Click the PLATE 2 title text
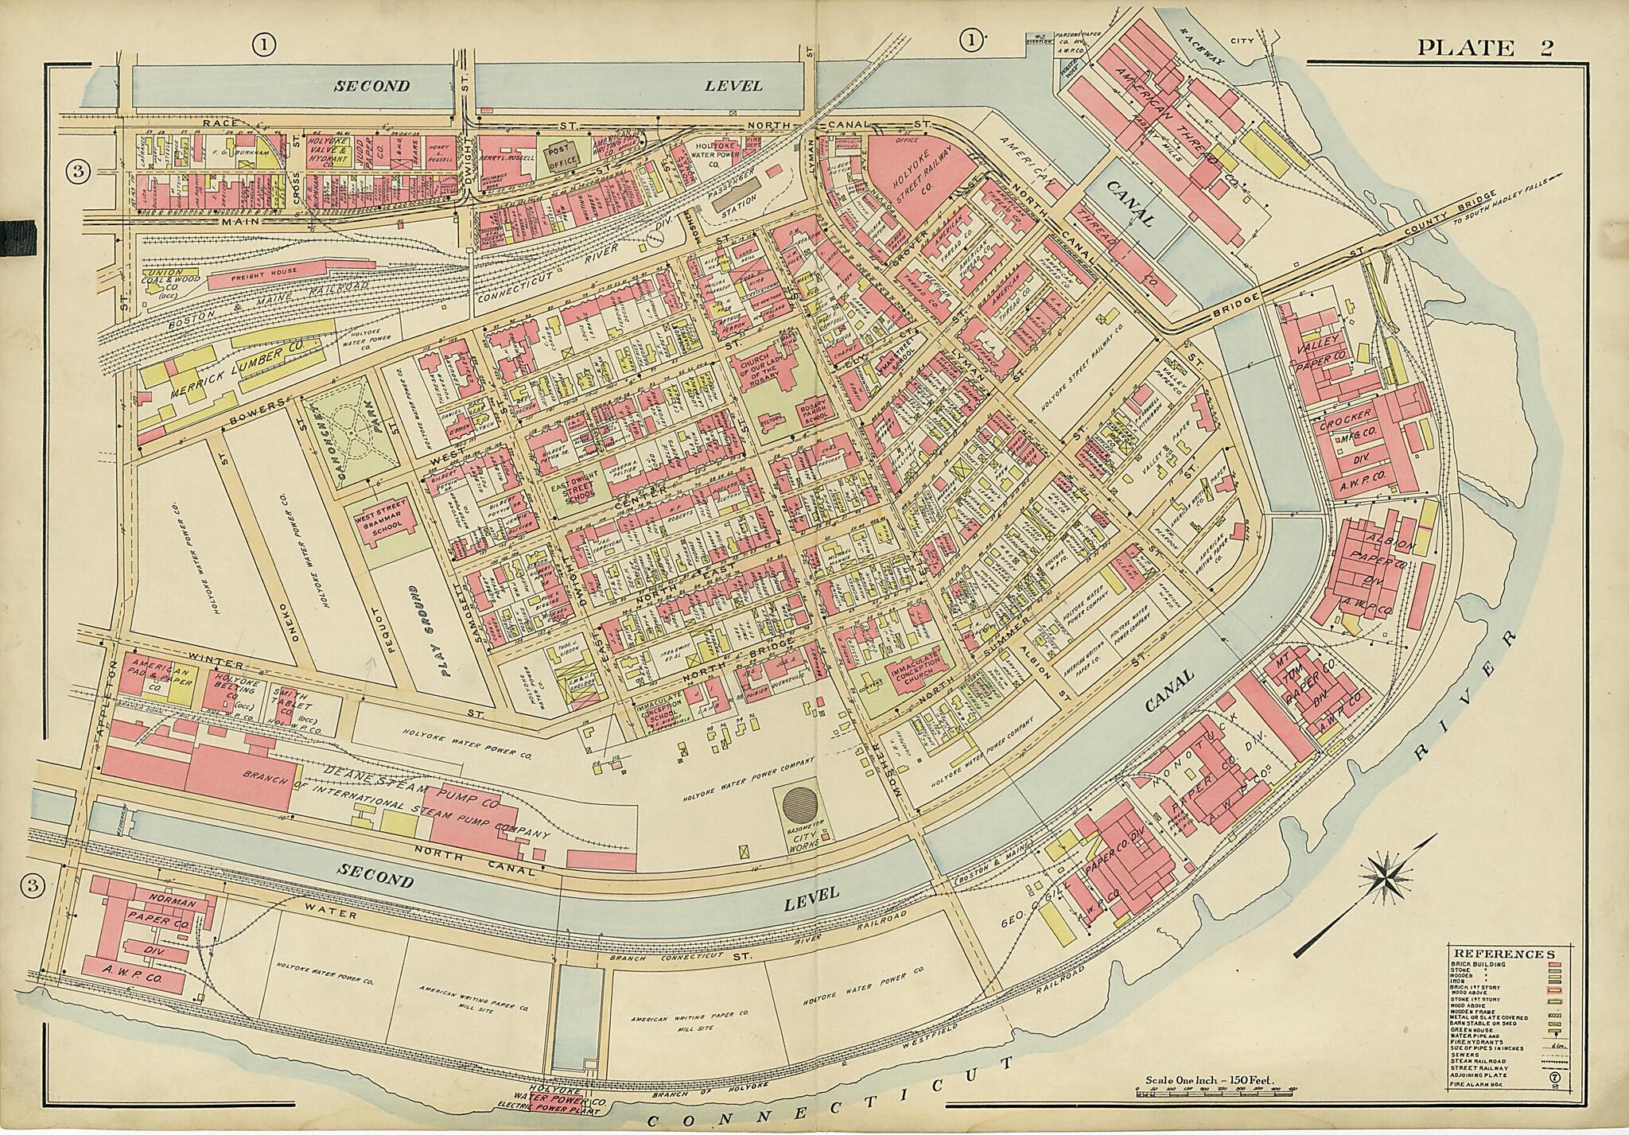click(1485, 48)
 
